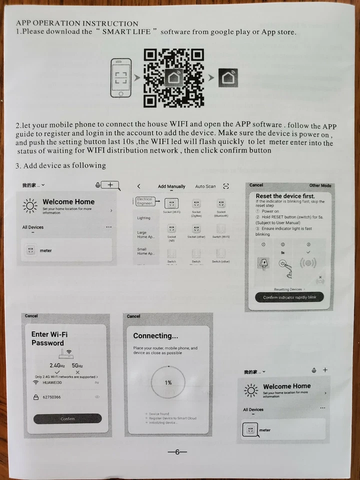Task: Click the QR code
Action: tap(173, 78)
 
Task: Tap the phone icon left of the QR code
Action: tap(120, 78)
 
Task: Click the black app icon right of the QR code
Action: tap(228, 78)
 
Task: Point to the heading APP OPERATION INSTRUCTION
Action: tap(77, 23)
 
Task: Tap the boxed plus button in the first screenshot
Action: tap(110, 185)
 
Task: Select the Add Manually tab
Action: tap(171, 186)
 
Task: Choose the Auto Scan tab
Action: tap(205, 186)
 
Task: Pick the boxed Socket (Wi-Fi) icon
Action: tap(171, 203)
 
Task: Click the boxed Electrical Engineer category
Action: tap(145, 201)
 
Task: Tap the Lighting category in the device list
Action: tap(143, 218)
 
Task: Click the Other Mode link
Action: tap(320, 185)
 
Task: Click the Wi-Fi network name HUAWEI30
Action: tap(52, 382)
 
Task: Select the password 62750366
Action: tap(52, 397)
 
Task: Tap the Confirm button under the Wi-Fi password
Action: tap(67, 418)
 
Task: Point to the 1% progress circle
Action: tap(168, 382)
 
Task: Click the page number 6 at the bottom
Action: tap(177, 452)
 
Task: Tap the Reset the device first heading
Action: tap(285, 196)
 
